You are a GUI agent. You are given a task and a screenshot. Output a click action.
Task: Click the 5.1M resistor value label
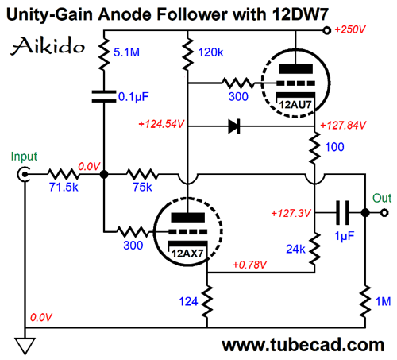[126, 52]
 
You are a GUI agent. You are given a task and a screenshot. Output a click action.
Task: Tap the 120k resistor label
[210, 52]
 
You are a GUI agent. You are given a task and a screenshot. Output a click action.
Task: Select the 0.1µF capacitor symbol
[104, 96]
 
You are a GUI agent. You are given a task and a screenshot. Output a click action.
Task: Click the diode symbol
[234, 126]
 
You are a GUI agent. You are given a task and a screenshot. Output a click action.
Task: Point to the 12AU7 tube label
[295, 105]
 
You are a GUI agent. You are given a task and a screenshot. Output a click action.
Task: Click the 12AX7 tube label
[187, 254]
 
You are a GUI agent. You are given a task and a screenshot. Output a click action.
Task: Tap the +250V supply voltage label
[350, 29]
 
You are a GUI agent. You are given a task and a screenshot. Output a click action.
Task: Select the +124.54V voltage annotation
[161, 124]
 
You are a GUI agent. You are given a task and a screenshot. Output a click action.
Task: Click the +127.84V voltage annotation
[343, 125]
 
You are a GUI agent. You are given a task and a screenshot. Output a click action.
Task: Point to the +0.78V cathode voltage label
[250, 265]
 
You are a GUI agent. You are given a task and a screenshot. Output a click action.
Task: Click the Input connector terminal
[24, 175]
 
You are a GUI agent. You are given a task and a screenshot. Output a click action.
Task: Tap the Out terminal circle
[384, 213]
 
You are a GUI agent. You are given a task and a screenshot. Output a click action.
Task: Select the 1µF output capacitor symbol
[342, 213]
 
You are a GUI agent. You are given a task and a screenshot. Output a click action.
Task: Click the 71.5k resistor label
[64, 187]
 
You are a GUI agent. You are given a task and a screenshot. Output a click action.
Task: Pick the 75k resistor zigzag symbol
[143, 174]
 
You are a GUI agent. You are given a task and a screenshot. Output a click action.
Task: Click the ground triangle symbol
[25, 346]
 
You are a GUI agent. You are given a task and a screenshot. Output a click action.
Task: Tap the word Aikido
[48, 46]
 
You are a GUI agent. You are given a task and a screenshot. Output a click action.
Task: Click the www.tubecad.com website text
[303, 345]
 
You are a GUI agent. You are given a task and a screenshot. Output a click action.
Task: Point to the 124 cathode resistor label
[188, 301]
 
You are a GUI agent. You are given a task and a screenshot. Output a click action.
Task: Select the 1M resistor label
[383, 301]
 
